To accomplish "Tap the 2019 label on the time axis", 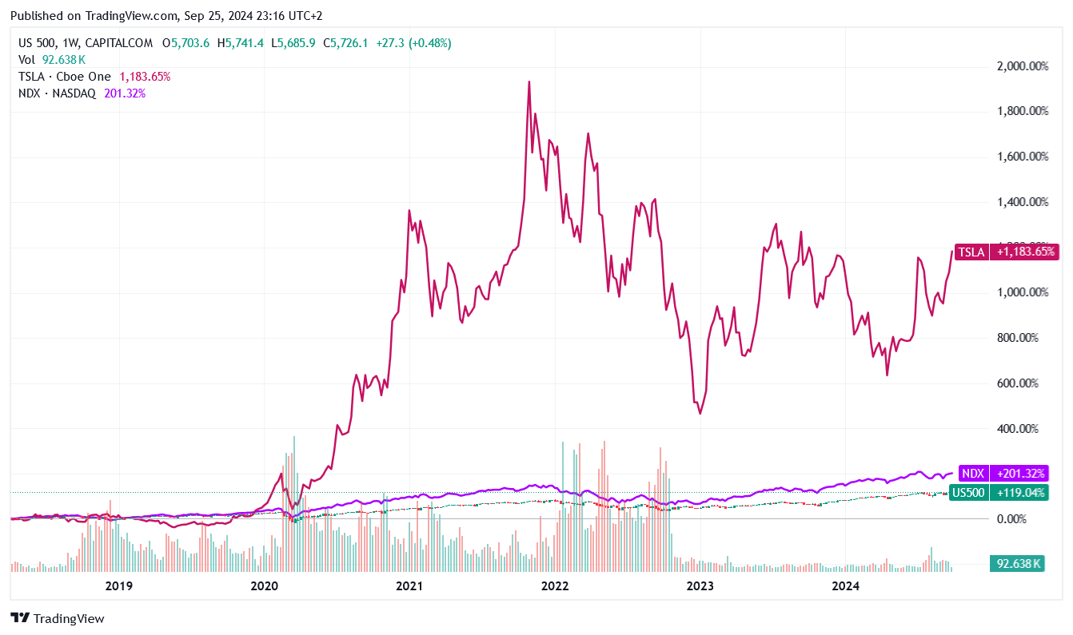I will click(x=118, y=586).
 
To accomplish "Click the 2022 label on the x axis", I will click(x=554, y=586).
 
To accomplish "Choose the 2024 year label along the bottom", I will click(x=845, y=586).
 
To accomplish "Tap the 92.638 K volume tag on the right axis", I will click(x=1016, y=564).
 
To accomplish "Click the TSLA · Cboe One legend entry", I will click(x=66, y=77).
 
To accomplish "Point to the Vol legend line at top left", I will click(x=52, y=60).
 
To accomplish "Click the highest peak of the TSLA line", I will click(x=529, y=81).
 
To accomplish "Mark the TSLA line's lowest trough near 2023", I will click(x=700, y=413).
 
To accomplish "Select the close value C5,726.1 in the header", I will click(x=345, y=43).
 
